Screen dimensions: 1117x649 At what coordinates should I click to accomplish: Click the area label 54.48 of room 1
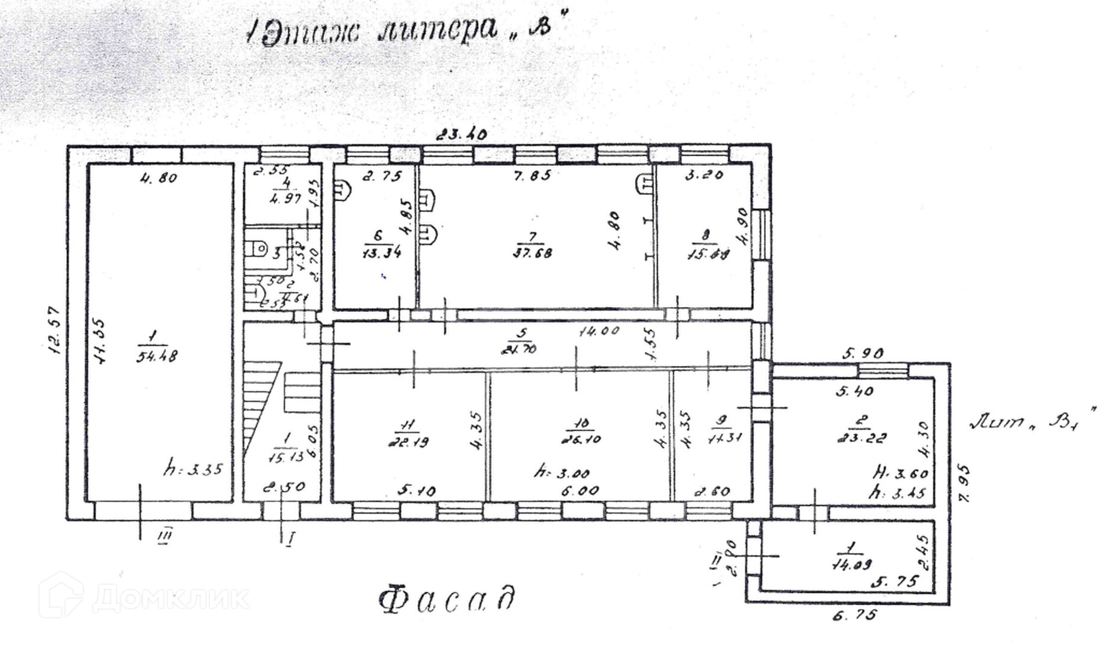(156, 356)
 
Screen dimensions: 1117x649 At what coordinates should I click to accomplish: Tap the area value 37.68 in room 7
(533, 253)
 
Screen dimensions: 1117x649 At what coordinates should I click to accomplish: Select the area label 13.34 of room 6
(382, 253)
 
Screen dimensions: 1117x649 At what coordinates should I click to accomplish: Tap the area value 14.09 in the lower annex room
(852, 564)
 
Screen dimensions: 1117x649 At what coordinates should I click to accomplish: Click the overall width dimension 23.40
(461, 135)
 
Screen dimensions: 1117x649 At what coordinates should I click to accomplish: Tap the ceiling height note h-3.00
(562, 473)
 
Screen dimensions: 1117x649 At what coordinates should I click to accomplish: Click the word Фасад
(447, 599)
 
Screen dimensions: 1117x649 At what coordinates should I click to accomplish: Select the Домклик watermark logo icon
(61, 594)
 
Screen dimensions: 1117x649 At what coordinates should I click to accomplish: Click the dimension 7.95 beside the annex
(964, 483)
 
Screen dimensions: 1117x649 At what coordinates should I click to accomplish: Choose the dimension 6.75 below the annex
(854, 615)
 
